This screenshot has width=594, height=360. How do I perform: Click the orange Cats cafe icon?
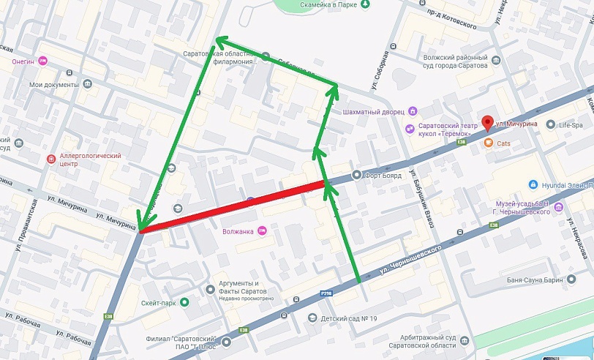click(x=488, y=143)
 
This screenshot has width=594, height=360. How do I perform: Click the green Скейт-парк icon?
click(x=185, y=301)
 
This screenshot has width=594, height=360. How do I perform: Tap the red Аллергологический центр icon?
click(x=50, y=159)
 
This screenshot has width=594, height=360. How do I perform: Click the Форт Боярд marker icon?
click(x=356, y=174)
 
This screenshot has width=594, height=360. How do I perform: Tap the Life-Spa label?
click(x=574, y=126)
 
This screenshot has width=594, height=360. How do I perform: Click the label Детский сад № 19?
click(x=348, y=318)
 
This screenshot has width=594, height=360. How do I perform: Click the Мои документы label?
click(x=53, y=84)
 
